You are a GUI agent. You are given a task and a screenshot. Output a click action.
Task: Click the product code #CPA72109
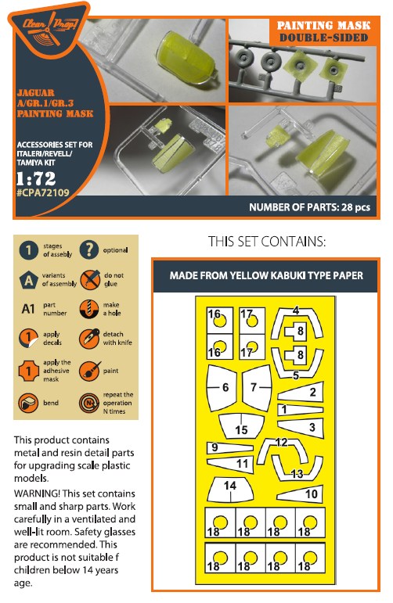43,192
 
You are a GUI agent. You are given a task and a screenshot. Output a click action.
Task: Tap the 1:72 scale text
36,178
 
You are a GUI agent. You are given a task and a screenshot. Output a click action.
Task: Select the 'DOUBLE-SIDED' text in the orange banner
323,38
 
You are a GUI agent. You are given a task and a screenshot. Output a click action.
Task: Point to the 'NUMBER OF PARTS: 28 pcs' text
309,207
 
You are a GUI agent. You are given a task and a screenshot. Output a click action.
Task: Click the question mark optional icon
89,250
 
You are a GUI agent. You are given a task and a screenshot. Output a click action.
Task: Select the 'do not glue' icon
90,279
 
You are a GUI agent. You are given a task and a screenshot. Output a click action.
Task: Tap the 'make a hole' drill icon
89,309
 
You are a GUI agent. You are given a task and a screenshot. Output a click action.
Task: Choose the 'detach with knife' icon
89,339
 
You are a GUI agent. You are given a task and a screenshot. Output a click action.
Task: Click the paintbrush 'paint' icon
90,371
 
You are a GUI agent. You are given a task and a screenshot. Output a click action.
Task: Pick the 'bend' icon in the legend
28,403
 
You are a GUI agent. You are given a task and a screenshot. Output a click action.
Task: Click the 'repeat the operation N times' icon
89,403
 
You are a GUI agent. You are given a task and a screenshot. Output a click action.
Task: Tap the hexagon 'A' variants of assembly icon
28,279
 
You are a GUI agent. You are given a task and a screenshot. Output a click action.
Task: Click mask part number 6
222,387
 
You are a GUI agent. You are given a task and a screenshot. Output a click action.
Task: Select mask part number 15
241,426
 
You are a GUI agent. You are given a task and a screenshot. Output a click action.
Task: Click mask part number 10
301,494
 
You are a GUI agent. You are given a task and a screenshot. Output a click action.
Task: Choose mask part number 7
257,387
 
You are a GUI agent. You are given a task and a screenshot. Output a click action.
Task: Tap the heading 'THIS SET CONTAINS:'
267,242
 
